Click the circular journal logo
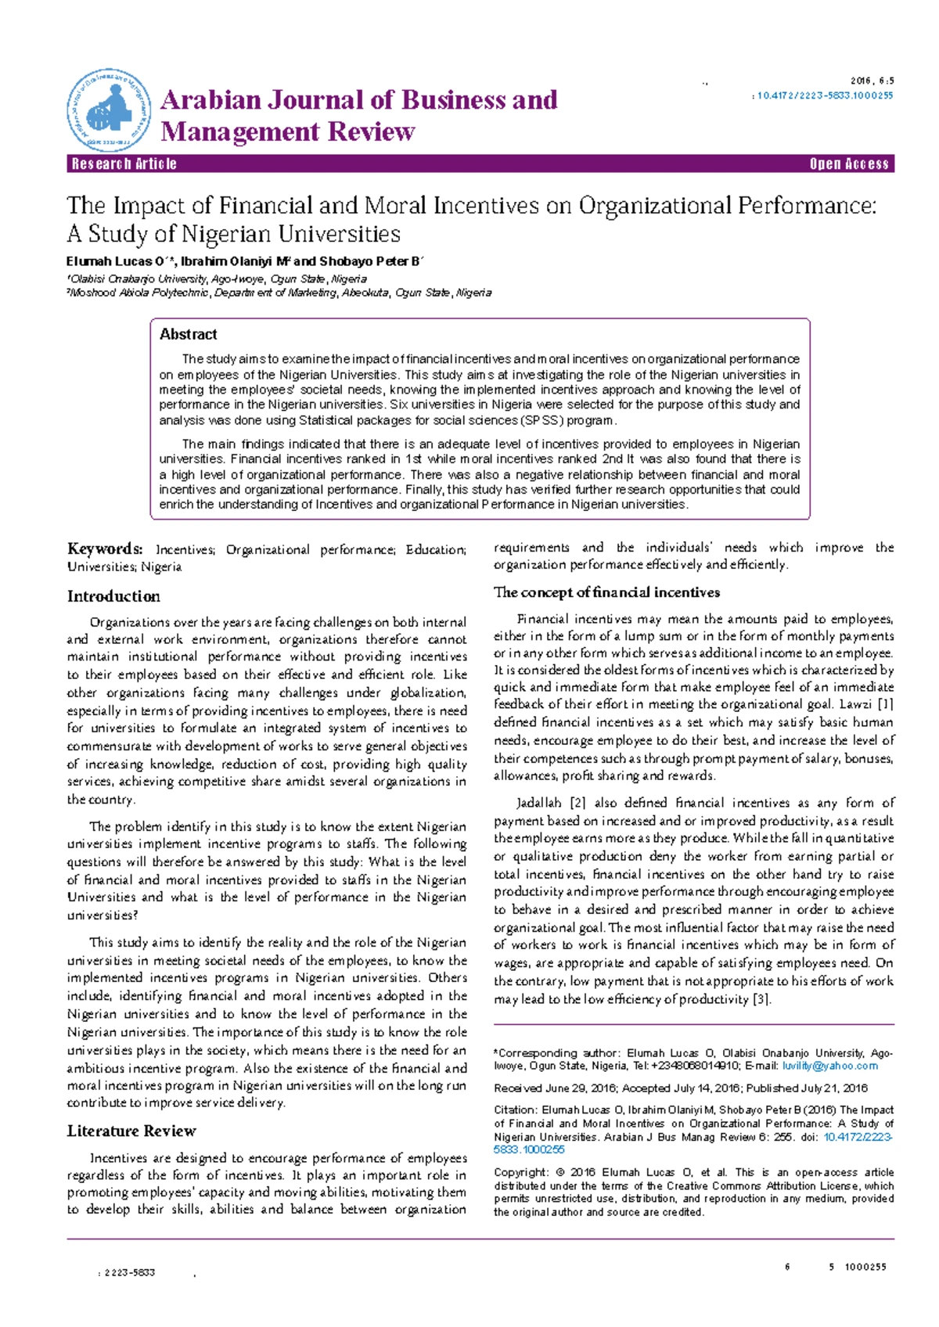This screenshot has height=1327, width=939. click(x=108, y=110)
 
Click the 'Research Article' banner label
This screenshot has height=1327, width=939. click(x=124, y=164)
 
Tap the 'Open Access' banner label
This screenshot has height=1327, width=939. click(x=849, y=164)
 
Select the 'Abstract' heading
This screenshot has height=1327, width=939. click(x=188, y=334)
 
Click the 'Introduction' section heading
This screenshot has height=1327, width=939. click(x=113, y=596)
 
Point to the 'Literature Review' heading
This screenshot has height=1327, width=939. click(x=131, y=1131)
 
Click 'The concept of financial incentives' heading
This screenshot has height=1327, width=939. click(x=606, y=592)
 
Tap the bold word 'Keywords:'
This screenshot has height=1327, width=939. click(x=105, y=549)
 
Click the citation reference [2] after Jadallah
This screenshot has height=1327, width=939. click(x=577, y=803)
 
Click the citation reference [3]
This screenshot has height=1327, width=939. click(x=761, y=999)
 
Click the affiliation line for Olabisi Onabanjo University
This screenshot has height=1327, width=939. click(x=218, y=279)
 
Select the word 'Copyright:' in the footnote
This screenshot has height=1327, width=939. click(x=521, y=1173)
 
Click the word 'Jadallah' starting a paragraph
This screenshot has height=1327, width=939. click(x=539, y=803)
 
